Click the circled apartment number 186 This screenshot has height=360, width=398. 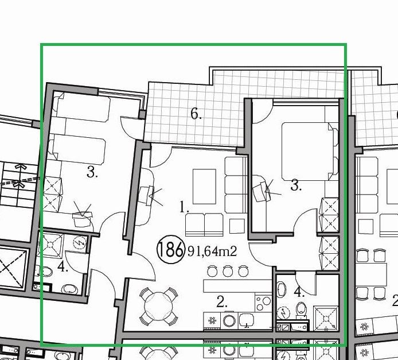tap(170, 250)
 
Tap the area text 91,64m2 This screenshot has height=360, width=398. tap(212, 251)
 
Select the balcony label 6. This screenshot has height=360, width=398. tap(196, 114)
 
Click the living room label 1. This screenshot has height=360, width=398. tap(184, 207)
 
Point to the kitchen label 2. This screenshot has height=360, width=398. tap(222, 302)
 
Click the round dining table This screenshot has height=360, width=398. tap(159, 307)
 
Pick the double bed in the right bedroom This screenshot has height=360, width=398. tap(310, 152)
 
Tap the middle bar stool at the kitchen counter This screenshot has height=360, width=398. tap(228, 271)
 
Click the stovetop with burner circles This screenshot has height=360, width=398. tap(263, 303)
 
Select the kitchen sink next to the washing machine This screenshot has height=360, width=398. tap(246, 320)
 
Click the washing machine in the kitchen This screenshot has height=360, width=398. tap(229, 321)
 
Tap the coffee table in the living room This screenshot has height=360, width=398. tap(204, 187)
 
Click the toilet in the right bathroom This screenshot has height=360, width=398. tap(301, 309)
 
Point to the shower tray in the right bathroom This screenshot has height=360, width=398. tap(326, 319)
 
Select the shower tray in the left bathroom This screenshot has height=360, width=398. tap(50, 245)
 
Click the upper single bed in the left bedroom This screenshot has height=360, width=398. tap(82, 107)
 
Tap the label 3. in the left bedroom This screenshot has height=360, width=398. tap(92, 172)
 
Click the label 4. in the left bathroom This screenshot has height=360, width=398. tap(63, 267)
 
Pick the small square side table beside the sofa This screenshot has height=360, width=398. tap(237, 226)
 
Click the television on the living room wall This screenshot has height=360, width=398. tap(146, 195)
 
